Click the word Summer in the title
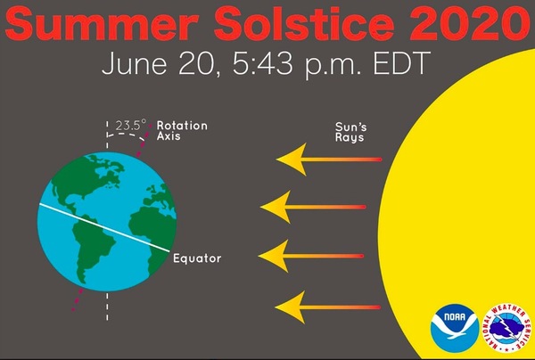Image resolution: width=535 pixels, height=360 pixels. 102,22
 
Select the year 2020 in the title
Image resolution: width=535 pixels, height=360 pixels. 471,22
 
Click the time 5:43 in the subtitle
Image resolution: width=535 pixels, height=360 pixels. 262,63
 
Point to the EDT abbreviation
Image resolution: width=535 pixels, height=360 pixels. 399,63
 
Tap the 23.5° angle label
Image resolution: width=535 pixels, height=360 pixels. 131,125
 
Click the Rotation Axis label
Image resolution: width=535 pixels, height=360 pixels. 182,131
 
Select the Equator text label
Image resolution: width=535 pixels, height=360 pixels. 197,258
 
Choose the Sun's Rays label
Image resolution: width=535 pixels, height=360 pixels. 350,132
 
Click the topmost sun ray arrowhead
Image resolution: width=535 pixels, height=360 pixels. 292,160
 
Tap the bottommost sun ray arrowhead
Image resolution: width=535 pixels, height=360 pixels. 291,307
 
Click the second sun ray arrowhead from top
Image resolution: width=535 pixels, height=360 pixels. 276,207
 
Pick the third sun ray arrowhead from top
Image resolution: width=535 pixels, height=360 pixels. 274,256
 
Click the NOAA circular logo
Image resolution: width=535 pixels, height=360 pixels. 455,328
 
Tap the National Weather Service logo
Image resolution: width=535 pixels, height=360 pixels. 507,328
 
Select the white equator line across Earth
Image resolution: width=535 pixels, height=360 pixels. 104,228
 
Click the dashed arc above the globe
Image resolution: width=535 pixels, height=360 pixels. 126,134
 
